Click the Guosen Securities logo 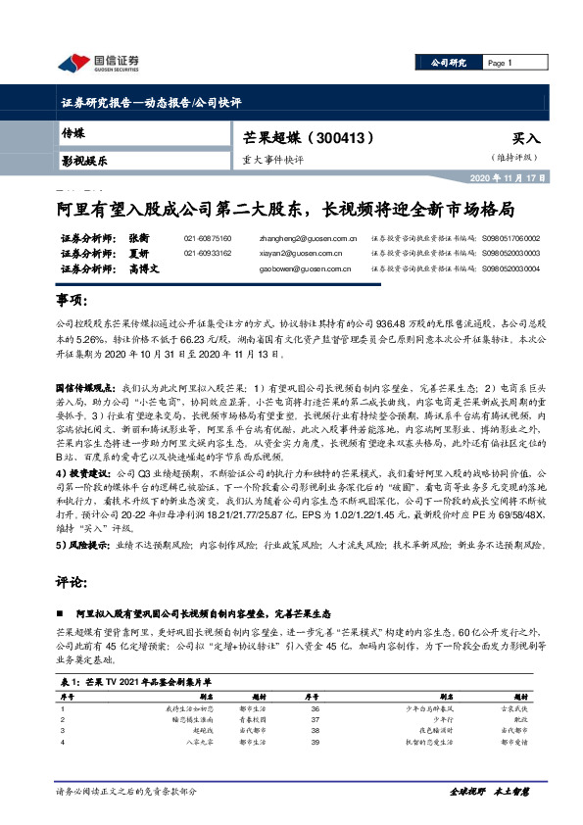click(x=99, y=65)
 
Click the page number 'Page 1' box click(x=501, y=63)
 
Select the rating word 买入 click(x=526, y=139)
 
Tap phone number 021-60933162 click(x=208, y=253)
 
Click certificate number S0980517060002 click(x=508, y=238)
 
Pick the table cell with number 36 click(x=315, y=706)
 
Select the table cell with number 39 click(x=315, y=742)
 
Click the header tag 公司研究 click(x=448, y=63)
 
